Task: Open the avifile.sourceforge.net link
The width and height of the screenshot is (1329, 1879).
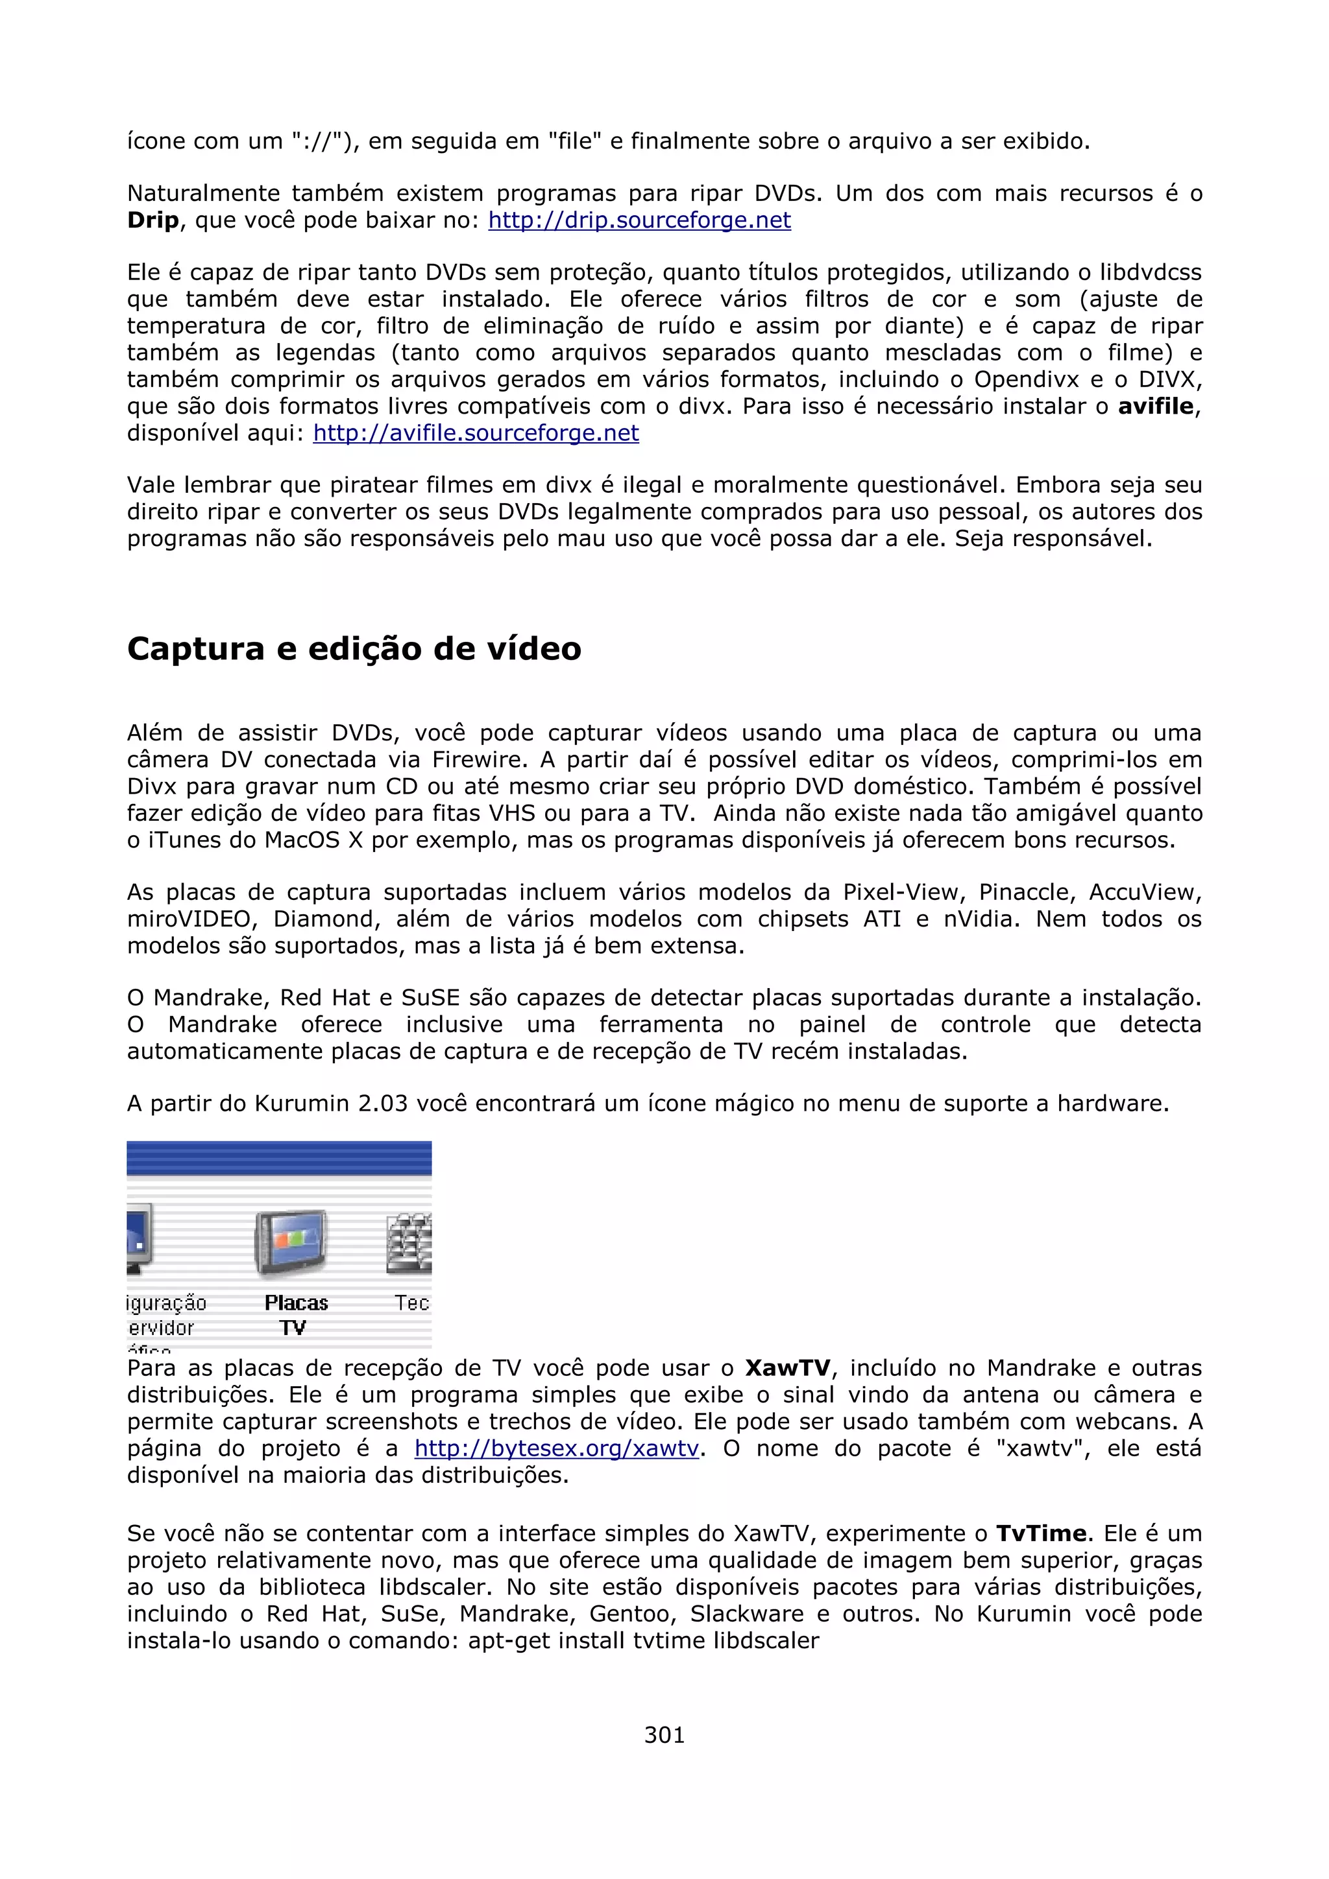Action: click(x=476, y=433)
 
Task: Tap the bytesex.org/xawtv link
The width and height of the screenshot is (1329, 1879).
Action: click(x=556, y=1448)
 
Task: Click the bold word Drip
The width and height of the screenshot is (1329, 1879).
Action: click(x=152, y=220)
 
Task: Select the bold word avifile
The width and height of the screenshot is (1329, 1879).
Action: click(x=1155, y=406)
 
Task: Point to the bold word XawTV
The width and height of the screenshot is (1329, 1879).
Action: click(x=788, y=1368)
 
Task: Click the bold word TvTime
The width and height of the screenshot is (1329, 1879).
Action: click(x=1041, y=1533)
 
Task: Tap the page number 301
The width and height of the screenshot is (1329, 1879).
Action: click(x=664, y=1734)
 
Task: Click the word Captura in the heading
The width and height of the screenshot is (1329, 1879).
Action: click(x=196, y=649)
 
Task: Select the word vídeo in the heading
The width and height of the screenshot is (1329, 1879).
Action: click(x=534, y=649)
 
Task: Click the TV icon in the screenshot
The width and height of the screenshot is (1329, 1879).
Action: click(x=291, y=1243)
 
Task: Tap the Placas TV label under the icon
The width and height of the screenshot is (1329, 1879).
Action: click(x=296, y=1314)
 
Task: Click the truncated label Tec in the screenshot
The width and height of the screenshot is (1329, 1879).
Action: click(x=412, y=1303)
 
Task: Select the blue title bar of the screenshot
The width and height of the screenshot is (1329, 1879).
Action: click(x=278, y=1158)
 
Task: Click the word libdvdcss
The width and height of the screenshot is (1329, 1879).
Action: click(x=1150, y=272)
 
